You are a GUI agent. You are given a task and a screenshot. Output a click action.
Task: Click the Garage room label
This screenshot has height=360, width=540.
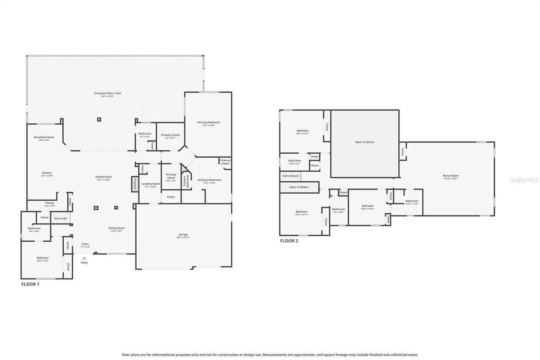pyautogui.click(x=183, y=235)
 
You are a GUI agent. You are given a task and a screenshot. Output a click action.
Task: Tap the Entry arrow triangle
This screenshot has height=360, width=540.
pyautogui.click(x=84, y=258)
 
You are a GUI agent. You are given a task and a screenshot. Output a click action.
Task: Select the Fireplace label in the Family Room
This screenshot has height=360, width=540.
pyautogui.click(x=135, y=184)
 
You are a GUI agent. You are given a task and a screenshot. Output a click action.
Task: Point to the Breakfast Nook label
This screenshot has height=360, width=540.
pyautogui.click(x=44, y=137)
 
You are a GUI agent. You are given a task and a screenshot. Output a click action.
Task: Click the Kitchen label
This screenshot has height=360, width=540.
pyautogui.click(x=47, y=173)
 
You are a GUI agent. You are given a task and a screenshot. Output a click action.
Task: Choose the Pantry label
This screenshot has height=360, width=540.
pyautogui.click(x=50, y=203)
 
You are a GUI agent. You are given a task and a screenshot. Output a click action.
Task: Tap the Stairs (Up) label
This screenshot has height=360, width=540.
pyautogui.click(x=60, y=218)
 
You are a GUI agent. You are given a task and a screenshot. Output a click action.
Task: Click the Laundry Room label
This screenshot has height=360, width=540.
pyautogui.click(x=151, y=184)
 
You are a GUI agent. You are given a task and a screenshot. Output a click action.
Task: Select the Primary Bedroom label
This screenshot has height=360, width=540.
pyautogui.click(x=208, y=122)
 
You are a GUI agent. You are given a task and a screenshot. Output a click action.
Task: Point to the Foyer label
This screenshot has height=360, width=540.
pyautogui.click(x=85, y=244)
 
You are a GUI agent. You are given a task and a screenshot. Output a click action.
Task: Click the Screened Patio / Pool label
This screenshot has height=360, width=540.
pyautogui.click(x=108, y=93)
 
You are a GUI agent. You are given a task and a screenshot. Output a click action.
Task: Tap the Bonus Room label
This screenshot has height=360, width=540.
pyautogui.click(x=451, y=176)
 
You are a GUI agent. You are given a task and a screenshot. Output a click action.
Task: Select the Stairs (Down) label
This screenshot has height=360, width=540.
pyautogui.click(x=291, y=176)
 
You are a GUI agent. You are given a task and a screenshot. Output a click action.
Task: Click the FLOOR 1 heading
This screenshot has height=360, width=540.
pyautogui.click(x=30, y=284)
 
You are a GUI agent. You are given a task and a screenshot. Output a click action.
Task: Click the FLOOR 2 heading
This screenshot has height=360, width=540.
pyautogui.click(x=289, y=241)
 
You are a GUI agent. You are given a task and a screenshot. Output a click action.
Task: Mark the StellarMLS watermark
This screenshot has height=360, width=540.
pyautogui.click(x=524, y=180)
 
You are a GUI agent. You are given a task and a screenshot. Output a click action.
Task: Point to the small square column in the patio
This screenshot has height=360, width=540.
pyautogui.click(x=99, y=119)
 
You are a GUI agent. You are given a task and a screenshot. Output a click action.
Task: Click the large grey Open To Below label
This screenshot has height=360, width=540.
pyautogui.click(x=364, y=142)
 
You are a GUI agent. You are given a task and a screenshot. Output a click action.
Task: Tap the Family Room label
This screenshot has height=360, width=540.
pyautogui.click(x=103, y=177)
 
